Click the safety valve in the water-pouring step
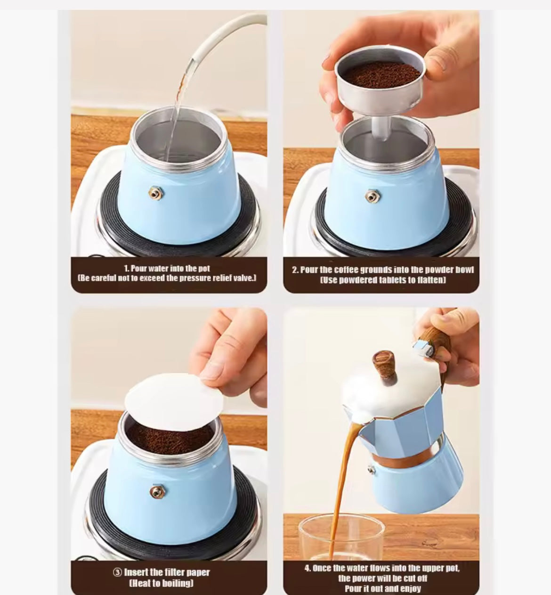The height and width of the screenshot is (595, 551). [x=156, y=193]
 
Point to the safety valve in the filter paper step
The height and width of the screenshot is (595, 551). [x=156, y=492]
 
